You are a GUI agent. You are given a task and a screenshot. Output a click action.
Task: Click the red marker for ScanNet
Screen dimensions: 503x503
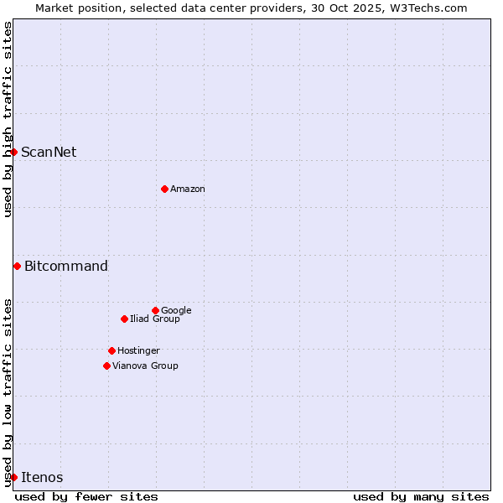[14, 152]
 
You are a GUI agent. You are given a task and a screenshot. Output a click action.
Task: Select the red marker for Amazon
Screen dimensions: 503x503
[164, 189]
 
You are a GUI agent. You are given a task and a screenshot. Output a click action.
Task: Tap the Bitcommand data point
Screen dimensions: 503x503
[17, 266]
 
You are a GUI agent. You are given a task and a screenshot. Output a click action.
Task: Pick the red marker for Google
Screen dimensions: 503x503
[155, 310]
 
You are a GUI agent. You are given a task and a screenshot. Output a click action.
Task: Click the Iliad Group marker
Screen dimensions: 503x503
[124, 319]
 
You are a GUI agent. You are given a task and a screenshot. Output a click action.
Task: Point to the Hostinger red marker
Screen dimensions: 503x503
[111, 350]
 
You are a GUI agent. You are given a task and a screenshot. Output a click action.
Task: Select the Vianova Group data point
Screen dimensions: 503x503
[106, 366]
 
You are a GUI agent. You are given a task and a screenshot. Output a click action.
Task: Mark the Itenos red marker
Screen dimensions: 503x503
[14, 477]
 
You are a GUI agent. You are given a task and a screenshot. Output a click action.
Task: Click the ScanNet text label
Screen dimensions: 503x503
[49, 152]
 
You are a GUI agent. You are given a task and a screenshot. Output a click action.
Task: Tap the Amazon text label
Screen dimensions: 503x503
[188, 189]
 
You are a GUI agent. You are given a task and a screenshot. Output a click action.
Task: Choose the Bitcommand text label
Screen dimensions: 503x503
[66, 267]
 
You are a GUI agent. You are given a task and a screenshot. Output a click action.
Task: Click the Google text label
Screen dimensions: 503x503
[176, 311]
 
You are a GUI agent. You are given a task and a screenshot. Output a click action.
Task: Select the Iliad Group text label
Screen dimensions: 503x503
[155, 319]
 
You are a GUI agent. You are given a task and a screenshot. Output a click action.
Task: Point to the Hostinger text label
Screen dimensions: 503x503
[138, 351]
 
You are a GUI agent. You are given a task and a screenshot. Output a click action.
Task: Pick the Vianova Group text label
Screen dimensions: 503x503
[145, 366]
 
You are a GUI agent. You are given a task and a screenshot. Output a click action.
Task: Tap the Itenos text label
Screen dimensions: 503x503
[42, 478]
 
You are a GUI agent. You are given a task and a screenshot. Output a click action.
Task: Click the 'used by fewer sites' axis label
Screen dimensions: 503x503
[86, 496]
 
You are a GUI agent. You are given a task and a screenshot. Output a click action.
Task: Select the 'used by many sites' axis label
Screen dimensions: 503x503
[421, 496]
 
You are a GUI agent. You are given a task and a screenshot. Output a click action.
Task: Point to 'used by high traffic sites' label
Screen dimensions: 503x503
[8, 119]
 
